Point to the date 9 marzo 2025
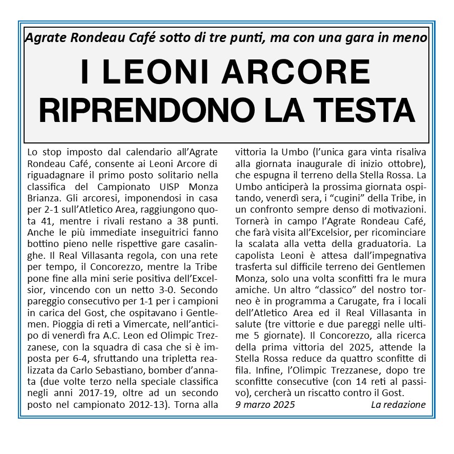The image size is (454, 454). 265,404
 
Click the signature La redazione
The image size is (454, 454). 398,404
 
